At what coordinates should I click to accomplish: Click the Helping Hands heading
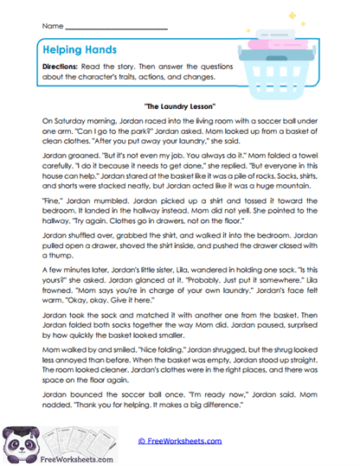(80, 51)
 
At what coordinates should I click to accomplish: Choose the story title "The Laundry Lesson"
(179, 101)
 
